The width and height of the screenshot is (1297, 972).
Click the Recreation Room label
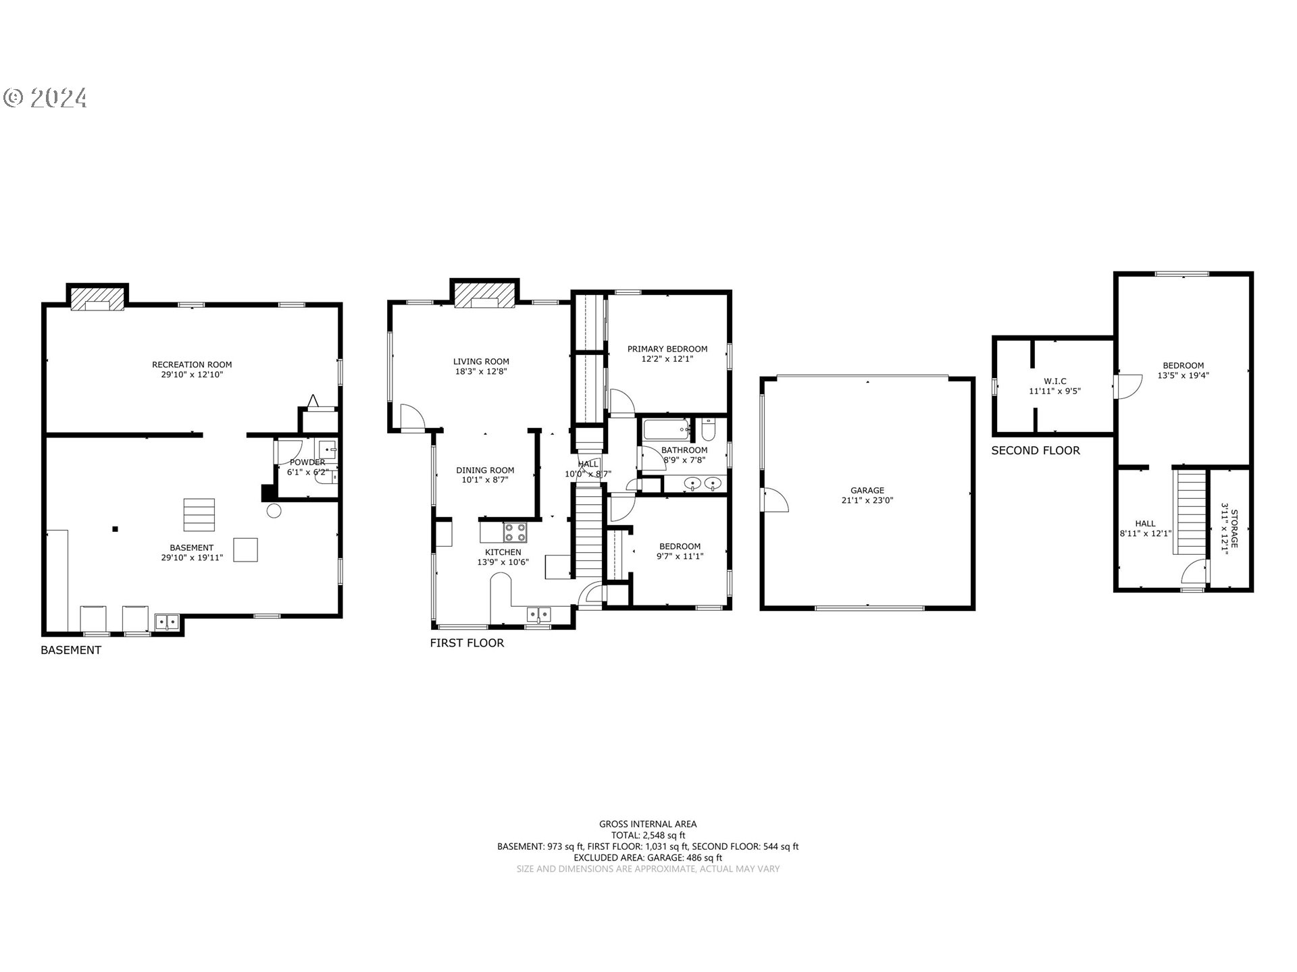click(192, 364)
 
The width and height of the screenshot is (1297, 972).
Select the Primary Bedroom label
click(667, 349)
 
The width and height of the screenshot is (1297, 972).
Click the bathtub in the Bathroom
click(666, 429)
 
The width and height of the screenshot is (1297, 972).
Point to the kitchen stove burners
click(515, 533)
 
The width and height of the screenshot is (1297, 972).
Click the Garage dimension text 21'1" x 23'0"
click(867, 501)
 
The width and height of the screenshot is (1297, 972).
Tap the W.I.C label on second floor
click(1055, 381)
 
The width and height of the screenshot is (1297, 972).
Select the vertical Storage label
click(1234, 529)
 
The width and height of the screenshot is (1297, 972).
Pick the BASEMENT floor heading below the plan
click(71, 650)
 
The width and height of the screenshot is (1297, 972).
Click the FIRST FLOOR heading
click(467, 643)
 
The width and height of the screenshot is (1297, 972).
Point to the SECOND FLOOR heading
click(1036, 450)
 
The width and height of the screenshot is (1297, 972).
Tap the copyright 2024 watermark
click(45, 99)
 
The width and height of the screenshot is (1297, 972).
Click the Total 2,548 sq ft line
click(648, 835)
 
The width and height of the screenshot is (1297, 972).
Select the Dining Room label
click(485, 470)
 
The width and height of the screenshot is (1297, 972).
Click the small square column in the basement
click(116, 529)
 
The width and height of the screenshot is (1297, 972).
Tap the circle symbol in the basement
click(274, 511)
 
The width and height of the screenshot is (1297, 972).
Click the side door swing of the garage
click(775, 500)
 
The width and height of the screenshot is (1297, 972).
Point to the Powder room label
click(307, 462)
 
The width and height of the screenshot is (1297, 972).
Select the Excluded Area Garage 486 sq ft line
click(648, 857)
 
